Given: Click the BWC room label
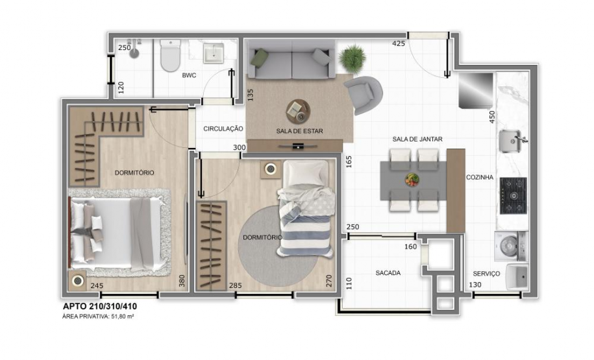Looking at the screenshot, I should (189, 75).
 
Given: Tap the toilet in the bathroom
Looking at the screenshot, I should (170, 56).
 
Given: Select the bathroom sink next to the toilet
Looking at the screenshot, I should (213, 53).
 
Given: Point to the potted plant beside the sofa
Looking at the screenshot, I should (352, 58).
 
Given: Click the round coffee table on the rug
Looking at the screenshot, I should (298, 111).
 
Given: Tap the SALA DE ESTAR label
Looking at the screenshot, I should (299, 130).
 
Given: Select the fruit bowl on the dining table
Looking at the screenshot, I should (412, 180).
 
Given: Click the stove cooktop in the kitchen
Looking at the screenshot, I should (513, 195).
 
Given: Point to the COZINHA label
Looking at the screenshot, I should (480, 176).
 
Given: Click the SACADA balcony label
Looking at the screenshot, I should (388, 273).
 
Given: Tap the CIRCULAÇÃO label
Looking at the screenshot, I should (223, 128).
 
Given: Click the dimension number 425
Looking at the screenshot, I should (399, 43).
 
